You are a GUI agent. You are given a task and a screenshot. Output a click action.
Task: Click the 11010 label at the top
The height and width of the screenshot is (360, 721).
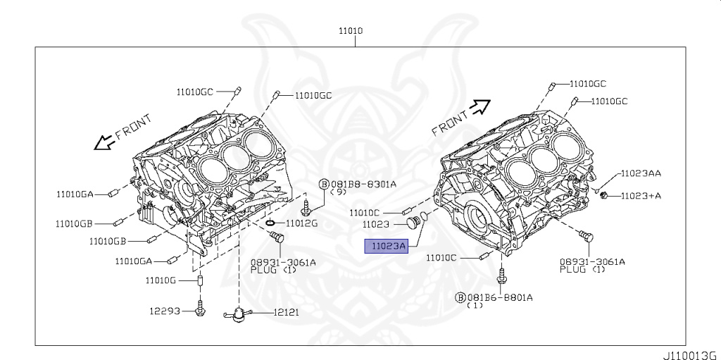pos(351,32)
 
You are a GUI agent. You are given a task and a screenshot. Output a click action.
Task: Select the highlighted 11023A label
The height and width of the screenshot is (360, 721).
pos(385,246)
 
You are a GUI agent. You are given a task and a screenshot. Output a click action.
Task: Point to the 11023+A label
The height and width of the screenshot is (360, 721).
pos(641,196)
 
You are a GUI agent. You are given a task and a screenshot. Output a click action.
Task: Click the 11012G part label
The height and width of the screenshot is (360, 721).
pos(302,223)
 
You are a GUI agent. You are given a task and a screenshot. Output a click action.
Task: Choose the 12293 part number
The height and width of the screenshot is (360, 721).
pos(164,311)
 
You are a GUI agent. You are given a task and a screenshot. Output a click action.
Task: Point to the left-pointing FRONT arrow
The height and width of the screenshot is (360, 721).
pos(104,143)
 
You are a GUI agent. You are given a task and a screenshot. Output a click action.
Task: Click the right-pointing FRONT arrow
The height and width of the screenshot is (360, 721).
pos(480,106)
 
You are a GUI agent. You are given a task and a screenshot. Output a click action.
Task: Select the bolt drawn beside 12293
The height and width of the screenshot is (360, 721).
pos(201,308)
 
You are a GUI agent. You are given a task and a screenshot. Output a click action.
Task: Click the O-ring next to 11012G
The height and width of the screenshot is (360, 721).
pos(270,223)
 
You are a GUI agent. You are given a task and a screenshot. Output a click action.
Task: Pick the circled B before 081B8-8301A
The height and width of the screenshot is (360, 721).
pos(324,185)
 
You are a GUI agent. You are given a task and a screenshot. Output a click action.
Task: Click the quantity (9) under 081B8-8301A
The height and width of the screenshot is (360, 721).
pos(339,193)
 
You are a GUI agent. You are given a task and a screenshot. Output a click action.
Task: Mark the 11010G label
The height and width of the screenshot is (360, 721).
pos(161,280)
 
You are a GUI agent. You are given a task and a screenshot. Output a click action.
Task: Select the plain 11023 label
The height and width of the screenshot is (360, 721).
pos(377,225)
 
